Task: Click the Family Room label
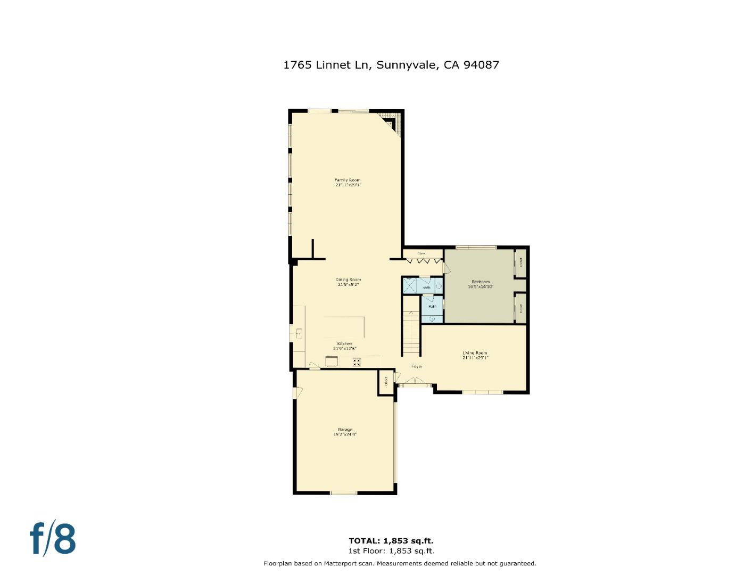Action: pyautogui.click(x=348, y=182)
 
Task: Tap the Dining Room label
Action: pyautogui.click(x=348, y=282)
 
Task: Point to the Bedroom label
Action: pyautogui.click(x=481, y=284)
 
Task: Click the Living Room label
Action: pyautogui.click(x=475, y=355)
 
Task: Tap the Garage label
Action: pyautogui.click(x=345, y=431)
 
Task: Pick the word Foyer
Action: pyautogui.click(x=417, y=366)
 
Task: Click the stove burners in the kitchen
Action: pyautogui.click(x=357, y=362)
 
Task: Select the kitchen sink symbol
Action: pyautogui.click(x=299, y=334)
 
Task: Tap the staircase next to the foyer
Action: pyautogui.click(x=410, y=333)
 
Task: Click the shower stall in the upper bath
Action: pyautogui.click(x=410, y=285)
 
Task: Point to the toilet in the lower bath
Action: pyautogui.click(x=432, y=318)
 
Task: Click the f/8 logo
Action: pyautogui.click(x=53, y=539)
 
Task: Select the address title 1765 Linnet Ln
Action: pyautogui.click(x=391, y=65)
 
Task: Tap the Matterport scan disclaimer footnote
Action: pyautogui.click(x=400, y=563)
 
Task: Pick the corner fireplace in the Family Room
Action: pyautogui.click(x=392, y=122)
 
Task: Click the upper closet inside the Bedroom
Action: pyautogui.click(x=520, y=262)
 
